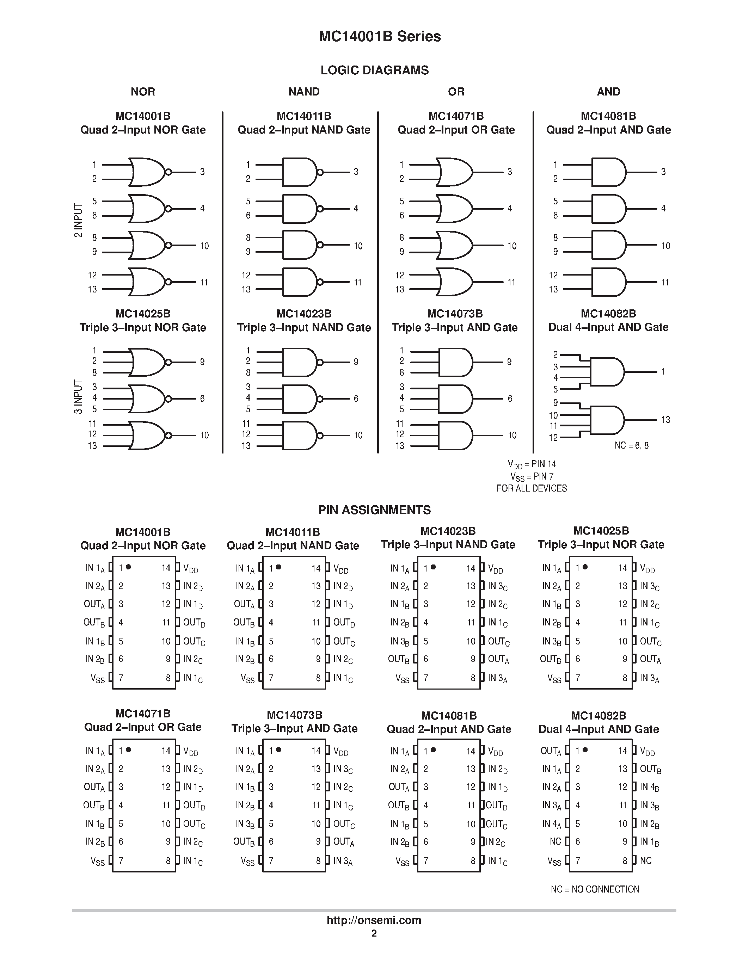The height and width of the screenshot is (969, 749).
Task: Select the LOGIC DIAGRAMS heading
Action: [374, 70]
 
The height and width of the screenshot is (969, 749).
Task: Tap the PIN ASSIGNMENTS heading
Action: [374, 510]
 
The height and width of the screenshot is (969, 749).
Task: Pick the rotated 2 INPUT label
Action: [78, 221]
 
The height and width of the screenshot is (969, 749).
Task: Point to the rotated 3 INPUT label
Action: [78, 397]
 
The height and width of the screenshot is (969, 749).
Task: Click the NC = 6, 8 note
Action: [631, 445]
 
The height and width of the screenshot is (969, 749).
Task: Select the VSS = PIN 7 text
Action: [532, 476]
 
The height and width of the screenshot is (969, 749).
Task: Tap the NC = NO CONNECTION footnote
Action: [595, 889]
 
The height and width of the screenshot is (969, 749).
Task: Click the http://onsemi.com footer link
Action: [374, 920]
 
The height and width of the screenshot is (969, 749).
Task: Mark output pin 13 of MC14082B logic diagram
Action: [665, 420]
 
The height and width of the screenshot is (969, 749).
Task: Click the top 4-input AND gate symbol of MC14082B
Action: [607, 372]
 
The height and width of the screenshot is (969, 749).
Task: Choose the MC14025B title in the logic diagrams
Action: [142, 314]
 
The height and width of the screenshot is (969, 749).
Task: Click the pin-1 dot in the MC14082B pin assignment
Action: [585, 750]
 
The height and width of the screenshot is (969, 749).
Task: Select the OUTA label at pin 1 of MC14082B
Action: [551, 751]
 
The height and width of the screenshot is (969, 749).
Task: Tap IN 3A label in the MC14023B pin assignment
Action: [497, 678]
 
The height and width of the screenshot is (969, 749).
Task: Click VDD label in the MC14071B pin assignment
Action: [190, 751]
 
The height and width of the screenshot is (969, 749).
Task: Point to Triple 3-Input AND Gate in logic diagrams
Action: [454, 327]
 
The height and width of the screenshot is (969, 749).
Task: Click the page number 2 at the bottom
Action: [374, 933]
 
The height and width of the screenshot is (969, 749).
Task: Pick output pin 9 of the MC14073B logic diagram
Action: [509, 362]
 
